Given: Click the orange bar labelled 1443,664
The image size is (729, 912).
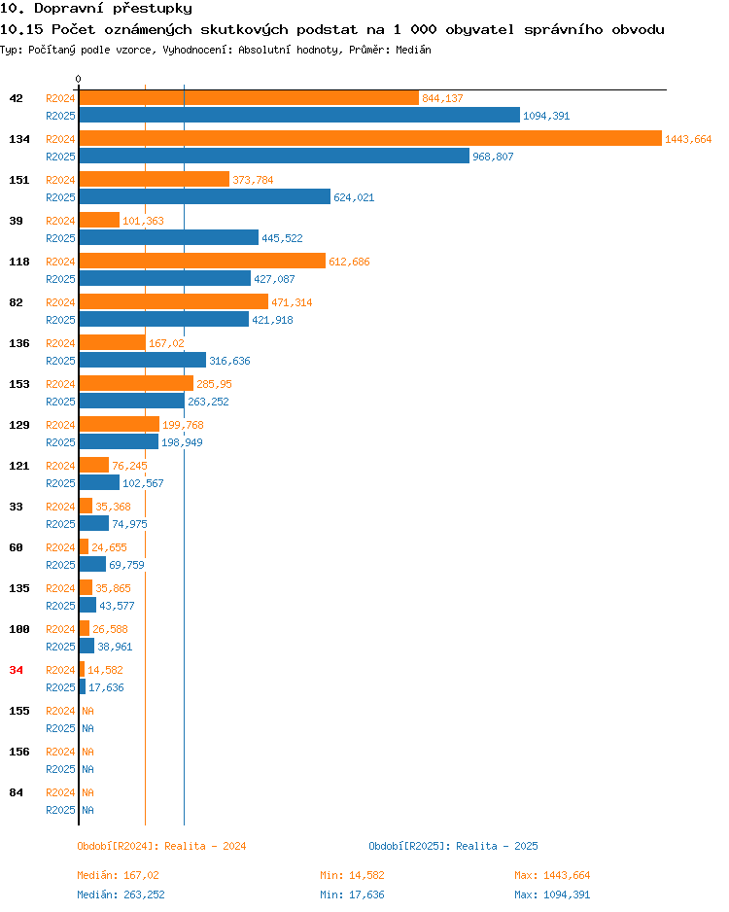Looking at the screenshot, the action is coord(370,138).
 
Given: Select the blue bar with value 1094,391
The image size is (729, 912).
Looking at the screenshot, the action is coord(299,115).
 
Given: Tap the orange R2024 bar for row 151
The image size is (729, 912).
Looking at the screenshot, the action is coord(154,179).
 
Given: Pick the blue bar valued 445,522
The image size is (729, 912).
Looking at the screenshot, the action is coord(168,237).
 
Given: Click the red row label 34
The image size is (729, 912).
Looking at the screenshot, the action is coord(17,670).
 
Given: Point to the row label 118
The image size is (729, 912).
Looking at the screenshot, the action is coord(19,262).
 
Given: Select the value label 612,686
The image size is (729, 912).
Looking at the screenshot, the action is coord(349,262).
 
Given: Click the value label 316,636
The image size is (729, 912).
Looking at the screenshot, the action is coord(229,361).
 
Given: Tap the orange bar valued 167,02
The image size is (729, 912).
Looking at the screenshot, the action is coord(112,342).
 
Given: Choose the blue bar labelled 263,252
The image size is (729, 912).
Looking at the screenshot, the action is coord(132,401).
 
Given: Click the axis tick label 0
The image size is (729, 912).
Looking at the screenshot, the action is coord(79,79).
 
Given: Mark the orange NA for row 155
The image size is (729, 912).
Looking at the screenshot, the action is coord(87,711).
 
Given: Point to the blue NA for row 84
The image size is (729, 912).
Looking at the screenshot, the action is coord(87,810).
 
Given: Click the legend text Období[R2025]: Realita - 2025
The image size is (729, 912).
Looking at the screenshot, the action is coord(454,846).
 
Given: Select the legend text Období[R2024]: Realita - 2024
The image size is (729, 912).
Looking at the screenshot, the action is coord(161,846).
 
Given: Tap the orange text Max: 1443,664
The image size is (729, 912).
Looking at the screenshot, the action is coord(552,875).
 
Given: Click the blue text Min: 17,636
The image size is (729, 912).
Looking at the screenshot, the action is coord(352,894).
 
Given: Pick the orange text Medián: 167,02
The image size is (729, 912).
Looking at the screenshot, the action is coord(118,875).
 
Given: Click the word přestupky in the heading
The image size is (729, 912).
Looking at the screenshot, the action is coord(153,9).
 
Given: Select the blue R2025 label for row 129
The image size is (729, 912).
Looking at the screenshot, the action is coord(60,442).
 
